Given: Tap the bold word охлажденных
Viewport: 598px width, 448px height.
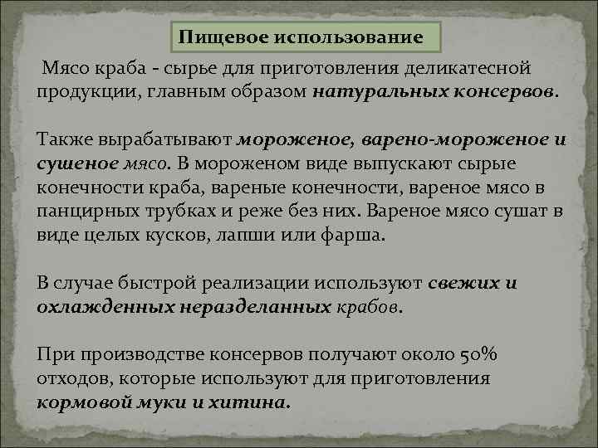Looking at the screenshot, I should pyautogui.click(x=103, y=307).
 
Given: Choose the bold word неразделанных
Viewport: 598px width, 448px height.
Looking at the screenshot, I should pyautogui.click(x=253, y=307).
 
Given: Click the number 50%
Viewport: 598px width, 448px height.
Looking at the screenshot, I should pyautogui.click(x=479, y=355).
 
